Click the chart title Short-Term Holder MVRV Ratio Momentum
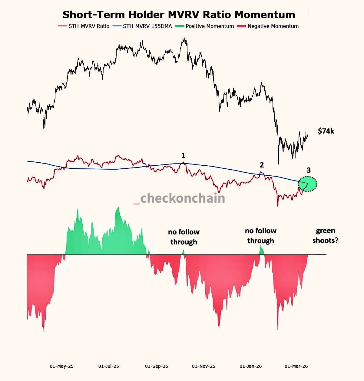(179, 15)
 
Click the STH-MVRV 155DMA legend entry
(142, 26)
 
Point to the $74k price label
(326, 131)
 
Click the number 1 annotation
(183, 155)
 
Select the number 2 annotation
(262, 165)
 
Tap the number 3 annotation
(309, 170)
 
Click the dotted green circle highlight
(308, 184)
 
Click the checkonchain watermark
(183, 198)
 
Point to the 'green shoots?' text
(326, 235)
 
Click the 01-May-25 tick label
(62, 366)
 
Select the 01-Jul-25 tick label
(109, 366)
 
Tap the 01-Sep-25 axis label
(157, 366)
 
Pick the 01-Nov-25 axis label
(204, 366)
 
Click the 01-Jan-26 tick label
(251, 366)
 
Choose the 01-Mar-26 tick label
(296, 366)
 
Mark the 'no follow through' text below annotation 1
(184, 237)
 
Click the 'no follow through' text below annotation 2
(261, 236)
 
